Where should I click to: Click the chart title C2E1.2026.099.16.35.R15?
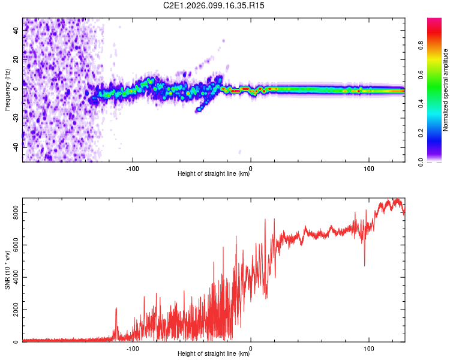[x=223, y=5]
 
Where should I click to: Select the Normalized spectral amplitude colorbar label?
[x=445, y=90]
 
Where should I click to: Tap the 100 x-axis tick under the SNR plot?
[x=368, y=348]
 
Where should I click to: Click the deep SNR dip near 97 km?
[x=364, y=265]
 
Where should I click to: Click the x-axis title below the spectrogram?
[x=214, y=174]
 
